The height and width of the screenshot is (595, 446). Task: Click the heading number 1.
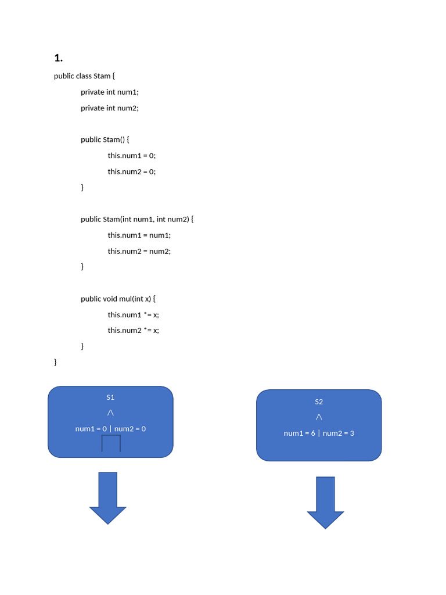59,58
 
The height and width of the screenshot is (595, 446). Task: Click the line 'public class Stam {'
84,76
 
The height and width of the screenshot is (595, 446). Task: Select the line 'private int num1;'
110,92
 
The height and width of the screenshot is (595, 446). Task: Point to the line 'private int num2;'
110,108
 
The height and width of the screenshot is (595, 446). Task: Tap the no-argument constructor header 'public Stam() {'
105,139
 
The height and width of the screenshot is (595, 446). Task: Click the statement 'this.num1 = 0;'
132,156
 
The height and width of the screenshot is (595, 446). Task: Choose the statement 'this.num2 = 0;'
132,171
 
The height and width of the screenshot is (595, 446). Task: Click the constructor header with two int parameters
137,219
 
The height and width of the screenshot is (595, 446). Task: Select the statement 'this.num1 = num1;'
139,235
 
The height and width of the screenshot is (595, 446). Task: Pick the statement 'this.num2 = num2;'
139,251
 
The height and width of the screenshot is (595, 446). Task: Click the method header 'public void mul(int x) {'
118,299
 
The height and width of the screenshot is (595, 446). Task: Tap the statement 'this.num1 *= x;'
134,315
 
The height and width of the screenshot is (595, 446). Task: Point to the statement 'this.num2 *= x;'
134,331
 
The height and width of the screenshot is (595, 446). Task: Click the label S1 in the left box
110,397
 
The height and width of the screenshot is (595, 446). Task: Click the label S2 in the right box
319,402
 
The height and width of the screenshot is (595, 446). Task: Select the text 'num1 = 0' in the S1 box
91,429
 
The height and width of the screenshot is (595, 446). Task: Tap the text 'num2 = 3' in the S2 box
339,433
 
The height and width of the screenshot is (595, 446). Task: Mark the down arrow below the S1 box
107,498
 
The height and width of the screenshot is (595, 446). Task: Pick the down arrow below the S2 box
325,503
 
